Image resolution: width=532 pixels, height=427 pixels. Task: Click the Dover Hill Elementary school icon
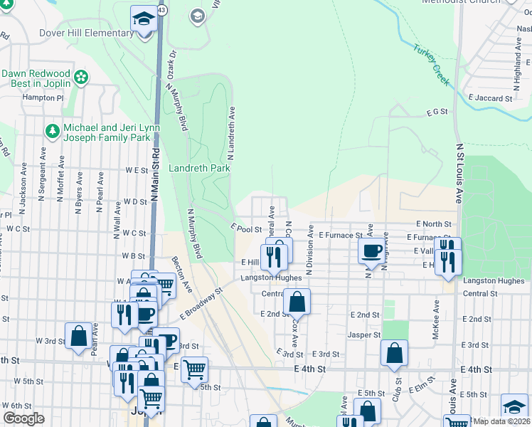[144, 19]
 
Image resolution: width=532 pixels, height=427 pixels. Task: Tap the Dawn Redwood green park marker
[82, 75]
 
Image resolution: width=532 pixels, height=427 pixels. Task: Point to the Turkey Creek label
[431, 65]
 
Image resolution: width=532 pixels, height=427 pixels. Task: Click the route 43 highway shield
[163, 11]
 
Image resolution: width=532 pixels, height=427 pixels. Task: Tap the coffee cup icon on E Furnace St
[372, 251]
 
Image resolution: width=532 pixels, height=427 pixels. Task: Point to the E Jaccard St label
[491, 95]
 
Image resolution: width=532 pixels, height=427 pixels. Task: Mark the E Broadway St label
[201, 302]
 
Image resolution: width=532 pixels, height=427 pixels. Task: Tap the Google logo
[23, 418]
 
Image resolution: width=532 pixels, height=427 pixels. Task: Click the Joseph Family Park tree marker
[52, 131]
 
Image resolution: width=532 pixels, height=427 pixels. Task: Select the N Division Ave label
[310, 250]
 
